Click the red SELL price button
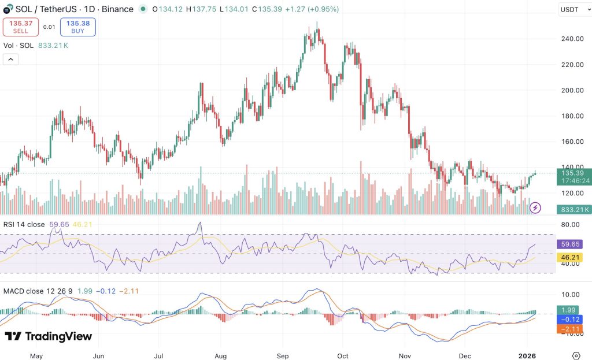point(20,27)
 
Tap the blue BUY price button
point(77,27)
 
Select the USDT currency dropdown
point(572,9)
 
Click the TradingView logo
point(48,336)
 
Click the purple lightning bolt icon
point(535,207)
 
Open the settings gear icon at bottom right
point(576,355)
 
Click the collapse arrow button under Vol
point(11,59)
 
